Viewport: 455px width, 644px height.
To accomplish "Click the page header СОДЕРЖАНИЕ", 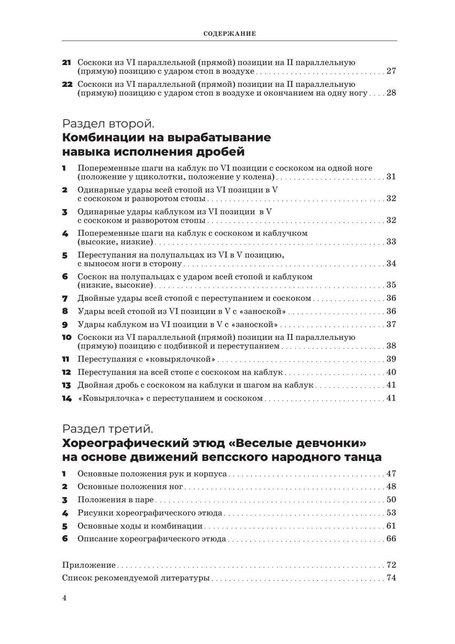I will tap(230, 33).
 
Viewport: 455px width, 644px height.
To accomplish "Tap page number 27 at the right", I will tap(391, 71).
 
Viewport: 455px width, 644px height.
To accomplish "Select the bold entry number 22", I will tap(67, 84).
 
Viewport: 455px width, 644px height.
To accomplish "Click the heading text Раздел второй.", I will tap(108, 123).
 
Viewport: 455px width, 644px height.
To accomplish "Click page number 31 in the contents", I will tap(391, 177).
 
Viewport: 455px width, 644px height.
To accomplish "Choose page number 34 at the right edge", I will tap(391, 264).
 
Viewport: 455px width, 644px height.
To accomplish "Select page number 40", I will tap(391, 372).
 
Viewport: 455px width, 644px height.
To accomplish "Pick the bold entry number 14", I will tap(67, 399).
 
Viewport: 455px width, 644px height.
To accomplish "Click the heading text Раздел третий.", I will tap(107, 429).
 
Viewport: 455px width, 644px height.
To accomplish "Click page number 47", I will tap(391, 474).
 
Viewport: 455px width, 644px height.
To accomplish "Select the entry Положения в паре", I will tap(116, 500).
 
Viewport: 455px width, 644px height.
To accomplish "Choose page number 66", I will tap(391, 539).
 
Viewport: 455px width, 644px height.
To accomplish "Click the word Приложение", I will tap(89, 565).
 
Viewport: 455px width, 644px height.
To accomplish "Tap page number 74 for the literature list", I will tap(391, 578).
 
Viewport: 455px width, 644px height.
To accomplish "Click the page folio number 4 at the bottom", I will tap(64, 599).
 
